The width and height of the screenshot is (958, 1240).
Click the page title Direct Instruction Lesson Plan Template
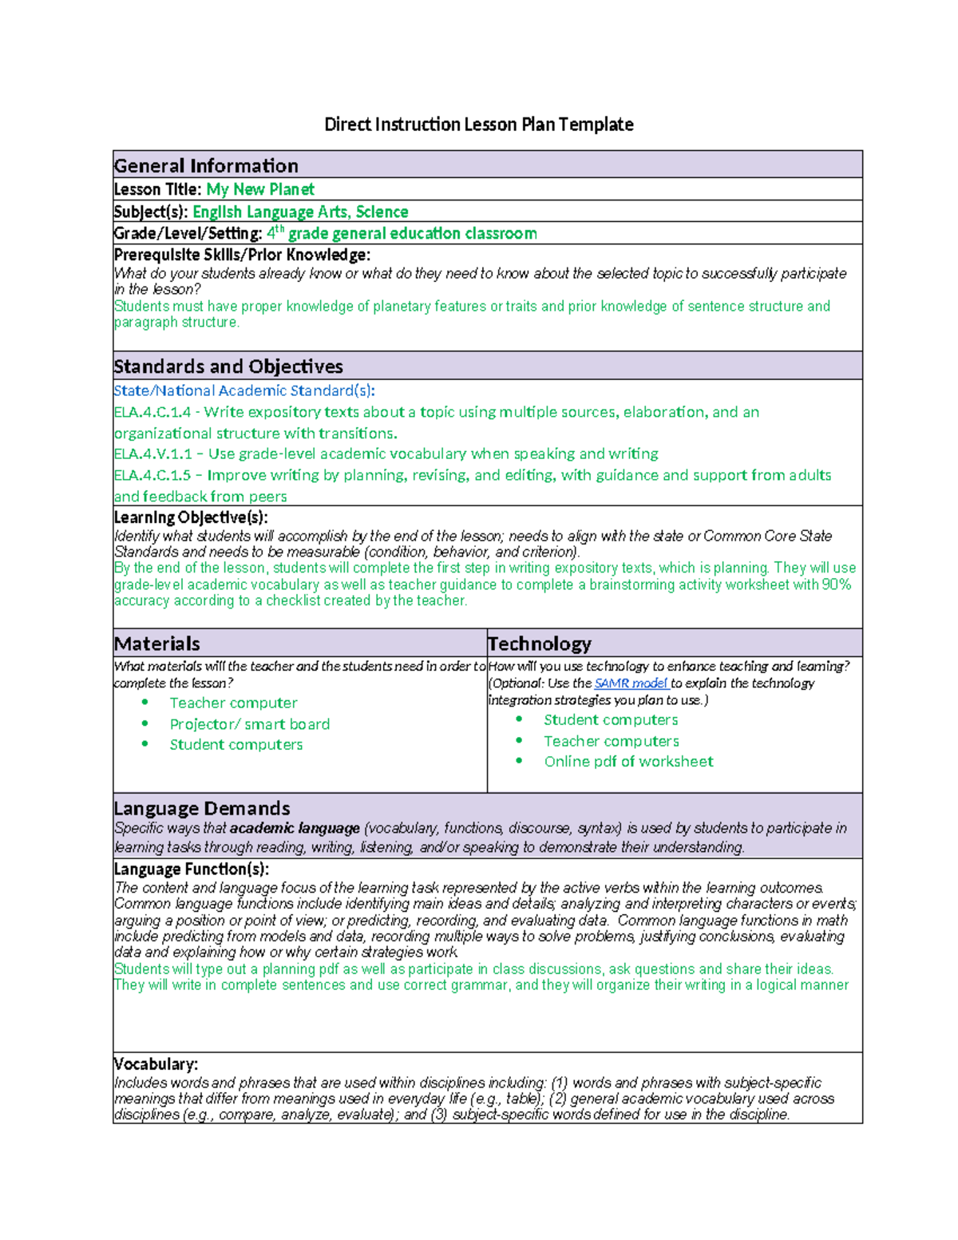[478, 125]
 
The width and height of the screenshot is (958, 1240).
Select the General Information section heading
[206, 166]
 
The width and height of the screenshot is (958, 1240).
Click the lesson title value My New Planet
[260, 189]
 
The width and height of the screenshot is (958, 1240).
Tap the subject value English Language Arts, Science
[300, 212]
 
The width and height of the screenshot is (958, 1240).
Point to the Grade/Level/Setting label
[188, 234]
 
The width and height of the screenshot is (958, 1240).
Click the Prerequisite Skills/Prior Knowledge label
[242, 256]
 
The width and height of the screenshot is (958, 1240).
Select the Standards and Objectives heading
[228, 366]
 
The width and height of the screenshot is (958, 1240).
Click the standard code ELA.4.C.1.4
[152, 412]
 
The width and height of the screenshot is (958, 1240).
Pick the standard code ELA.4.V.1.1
[152, 454]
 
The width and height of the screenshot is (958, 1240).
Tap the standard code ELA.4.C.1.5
[152, 475]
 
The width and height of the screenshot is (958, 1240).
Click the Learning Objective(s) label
[191, 517]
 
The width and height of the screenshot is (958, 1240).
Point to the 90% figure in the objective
[837, 584]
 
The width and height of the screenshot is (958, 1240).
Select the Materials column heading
[157, 644]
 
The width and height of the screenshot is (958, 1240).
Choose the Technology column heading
[540, 644]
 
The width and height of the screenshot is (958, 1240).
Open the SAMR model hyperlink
[631, 683]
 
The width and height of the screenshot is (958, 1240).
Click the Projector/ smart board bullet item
[249, 724]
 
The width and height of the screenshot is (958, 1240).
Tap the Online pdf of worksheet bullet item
[628, 762]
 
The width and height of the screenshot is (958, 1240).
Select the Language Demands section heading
[202, 808]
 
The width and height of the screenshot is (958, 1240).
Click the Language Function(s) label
[192, 869]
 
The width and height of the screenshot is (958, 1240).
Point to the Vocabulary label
[156, 1064]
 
